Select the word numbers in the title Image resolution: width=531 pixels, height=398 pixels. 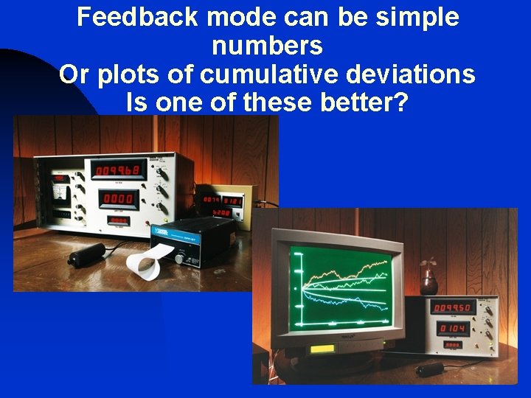pyautogui.click(x=267, y=46)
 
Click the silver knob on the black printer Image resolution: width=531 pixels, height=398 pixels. pyautogui.click(x=179, y=258)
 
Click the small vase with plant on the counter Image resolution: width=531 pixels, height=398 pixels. pyautogui.click(x=428, y=279)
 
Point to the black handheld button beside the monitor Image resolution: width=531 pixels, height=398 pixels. pyautogui.click(x=429, y=369)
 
